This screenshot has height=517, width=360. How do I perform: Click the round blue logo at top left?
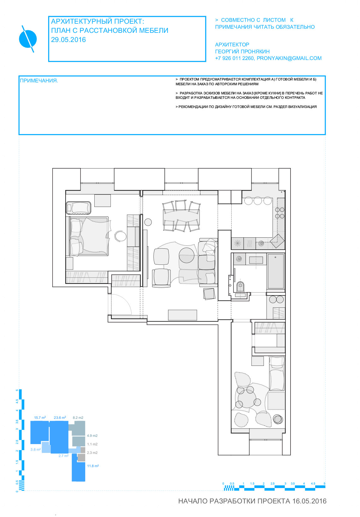[x=28, y=39]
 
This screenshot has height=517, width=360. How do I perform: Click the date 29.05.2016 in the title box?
[x=68, y=40]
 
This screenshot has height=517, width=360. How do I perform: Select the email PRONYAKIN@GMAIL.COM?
[x=289, y=58]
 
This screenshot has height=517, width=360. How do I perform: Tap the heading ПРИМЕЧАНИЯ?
[x=39, y=80]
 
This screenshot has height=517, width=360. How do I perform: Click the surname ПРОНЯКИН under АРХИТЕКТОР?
[x=256, y=51]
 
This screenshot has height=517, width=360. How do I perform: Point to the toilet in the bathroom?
[x=240, y=287]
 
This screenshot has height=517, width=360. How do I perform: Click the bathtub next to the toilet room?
[x=275, y=271]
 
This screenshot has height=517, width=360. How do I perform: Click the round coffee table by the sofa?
[x=186, y=255]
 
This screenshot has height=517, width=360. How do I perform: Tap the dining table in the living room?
[x=181, y=217]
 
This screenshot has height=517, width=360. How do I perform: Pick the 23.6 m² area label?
[x=60, y=418]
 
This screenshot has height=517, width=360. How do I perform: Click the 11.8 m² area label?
[x=93, y=466]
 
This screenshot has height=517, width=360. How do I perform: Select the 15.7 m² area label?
[x=40, y=418]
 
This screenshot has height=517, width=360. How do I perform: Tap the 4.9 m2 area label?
[x=92, y=436]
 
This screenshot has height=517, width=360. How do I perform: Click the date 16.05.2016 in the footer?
[x=309, y=501]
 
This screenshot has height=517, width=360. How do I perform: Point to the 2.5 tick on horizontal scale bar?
[x=273, y=483]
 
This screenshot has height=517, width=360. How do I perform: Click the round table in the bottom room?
[x=247, y=399]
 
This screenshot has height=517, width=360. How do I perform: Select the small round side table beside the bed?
[x=120, y=236]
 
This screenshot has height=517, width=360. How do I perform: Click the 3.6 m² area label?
[x=36, y=449]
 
